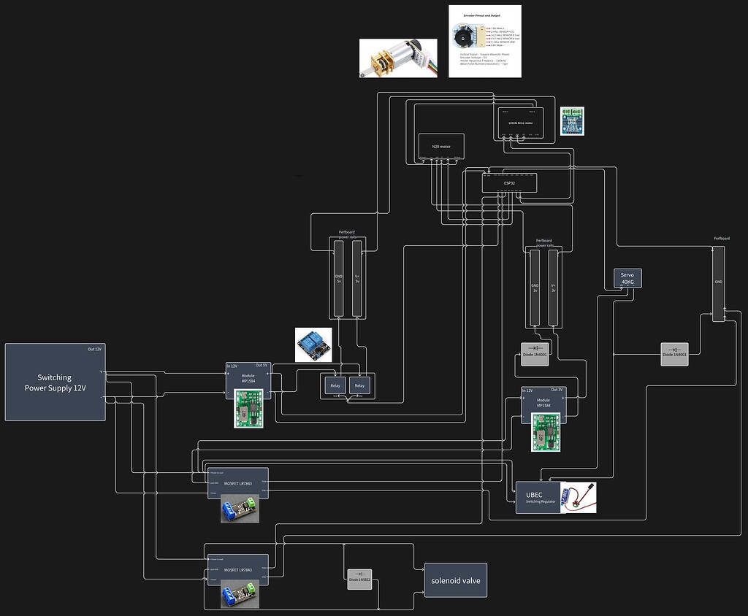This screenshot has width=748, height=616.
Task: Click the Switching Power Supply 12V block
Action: point(55,382)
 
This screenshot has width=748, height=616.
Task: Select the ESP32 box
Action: point(509,182)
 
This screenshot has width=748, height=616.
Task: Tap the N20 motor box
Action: point(440,146)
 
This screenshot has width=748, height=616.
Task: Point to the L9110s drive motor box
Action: point(521,122)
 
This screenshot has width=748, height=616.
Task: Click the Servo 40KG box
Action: point(627,277)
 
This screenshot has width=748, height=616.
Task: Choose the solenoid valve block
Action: point(455,581)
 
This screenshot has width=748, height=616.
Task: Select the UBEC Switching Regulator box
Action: point(538,498)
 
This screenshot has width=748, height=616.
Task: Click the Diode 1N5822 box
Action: point(359,580)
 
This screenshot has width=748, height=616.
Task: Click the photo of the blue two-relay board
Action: point(313,344)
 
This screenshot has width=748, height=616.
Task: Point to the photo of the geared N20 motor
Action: point(398,58)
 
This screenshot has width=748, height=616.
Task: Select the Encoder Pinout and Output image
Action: point(484,41)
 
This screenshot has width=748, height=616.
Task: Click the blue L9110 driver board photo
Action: point(573,121)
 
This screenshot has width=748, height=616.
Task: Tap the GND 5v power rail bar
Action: point(338,280)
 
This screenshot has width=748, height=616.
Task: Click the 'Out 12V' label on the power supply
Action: point(94,349)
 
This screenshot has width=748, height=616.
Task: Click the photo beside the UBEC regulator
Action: point(578,496)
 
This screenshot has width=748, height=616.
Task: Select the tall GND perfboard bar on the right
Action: point(718,283)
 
